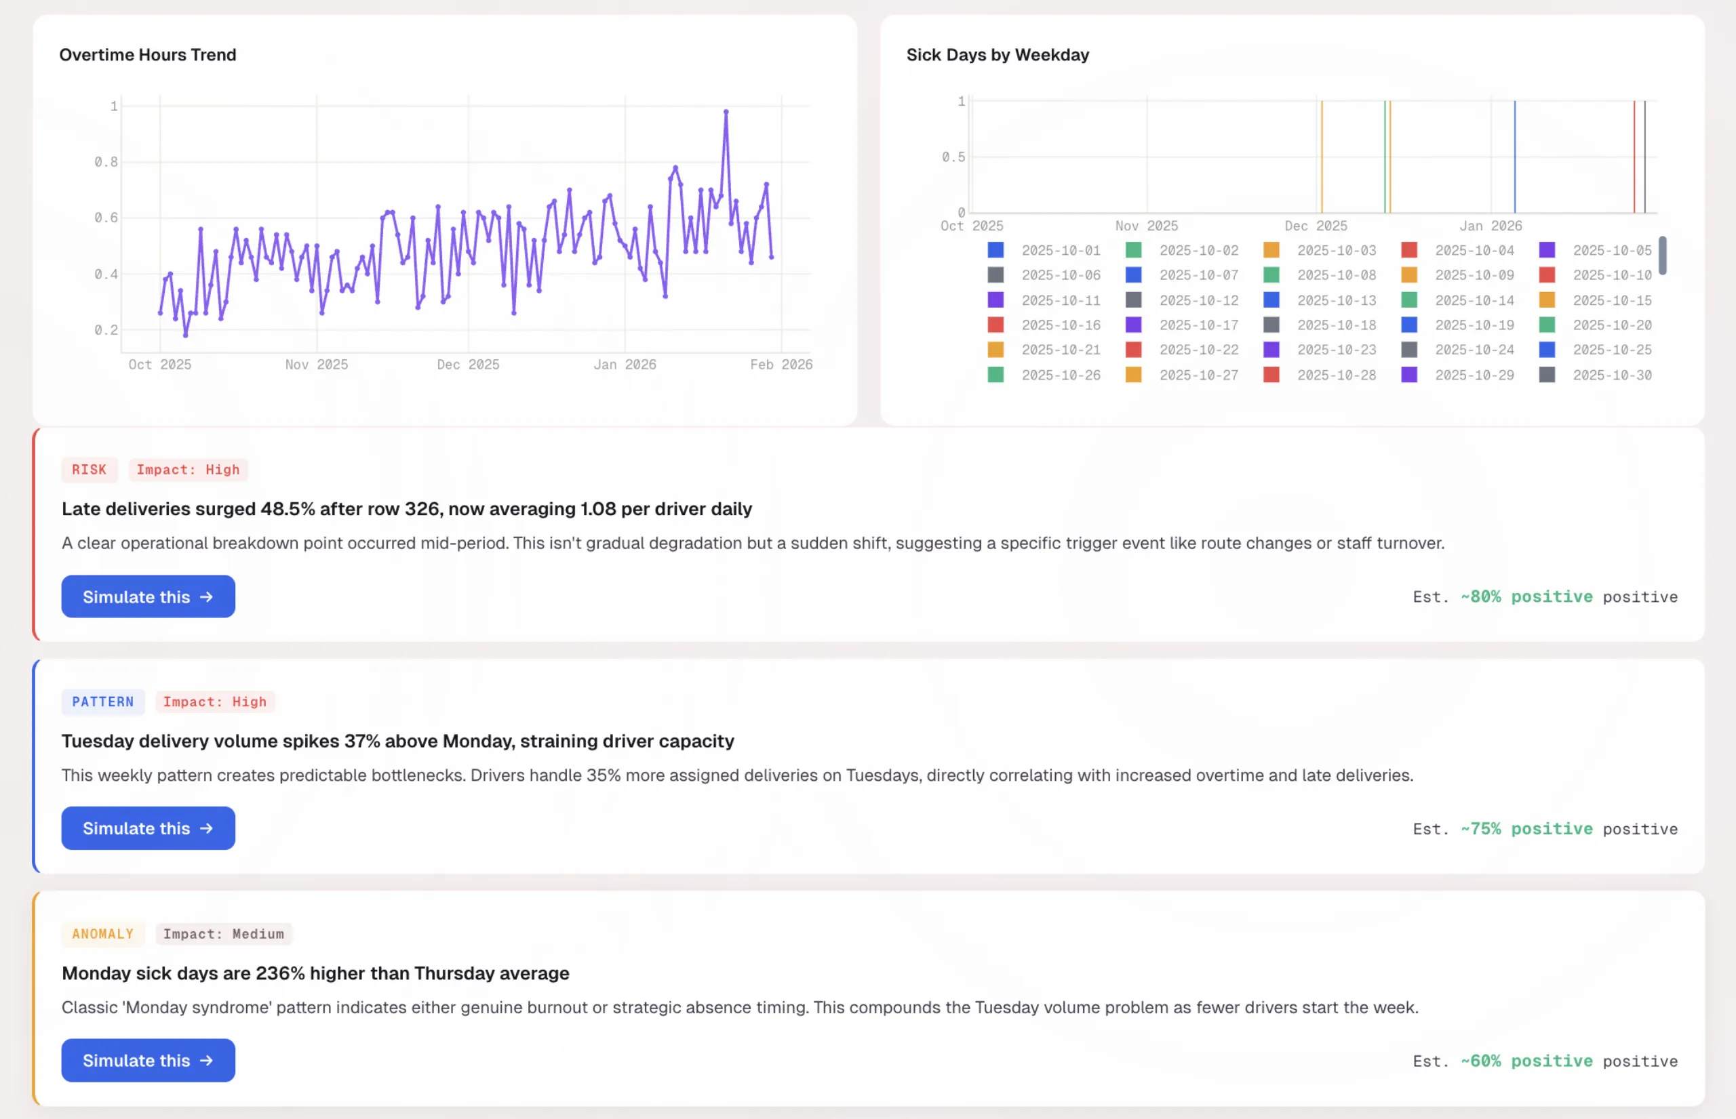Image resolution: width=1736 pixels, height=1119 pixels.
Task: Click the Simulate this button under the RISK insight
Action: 148,596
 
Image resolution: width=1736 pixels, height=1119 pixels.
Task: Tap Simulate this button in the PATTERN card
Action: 148,828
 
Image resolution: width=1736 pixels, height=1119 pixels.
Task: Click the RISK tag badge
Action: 89,470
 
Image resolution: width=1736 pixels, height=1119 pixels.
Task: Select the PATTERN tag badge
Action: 102,702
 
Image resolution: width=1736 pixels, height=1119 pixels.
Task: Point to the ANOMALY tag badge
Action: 102,934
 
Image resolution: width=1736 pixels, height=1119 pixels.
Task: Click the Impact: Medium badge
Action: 223,934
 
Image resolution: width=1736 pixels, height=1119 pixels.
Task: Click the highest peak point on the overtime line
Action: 726,112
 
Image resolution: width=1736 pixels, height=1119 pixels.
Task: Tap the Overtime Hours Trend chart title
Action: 148,54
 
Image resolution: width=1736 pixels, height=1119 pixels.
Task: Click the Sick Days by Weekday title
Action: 998,54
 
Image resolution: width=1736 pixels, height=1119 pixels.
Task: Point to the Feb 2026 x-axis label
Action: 781,365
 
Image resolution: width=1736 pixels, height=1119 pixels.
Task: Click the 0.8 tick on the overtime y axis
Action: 106,162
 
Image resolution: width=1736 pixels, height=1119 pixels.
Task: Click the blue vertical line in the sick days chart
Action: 1515,156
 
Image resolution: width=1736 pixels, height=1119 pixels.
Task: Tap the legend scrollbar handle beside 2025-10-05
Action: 1663,255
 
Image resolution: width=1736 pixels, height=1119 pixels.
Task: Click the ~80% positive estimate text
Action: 1526,596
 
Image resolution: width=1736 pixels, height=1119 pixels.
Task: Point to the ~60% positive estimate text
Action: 1526,1061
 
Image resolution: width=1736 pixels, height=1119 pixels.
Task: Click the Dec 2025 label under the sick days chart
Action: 1315,226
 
